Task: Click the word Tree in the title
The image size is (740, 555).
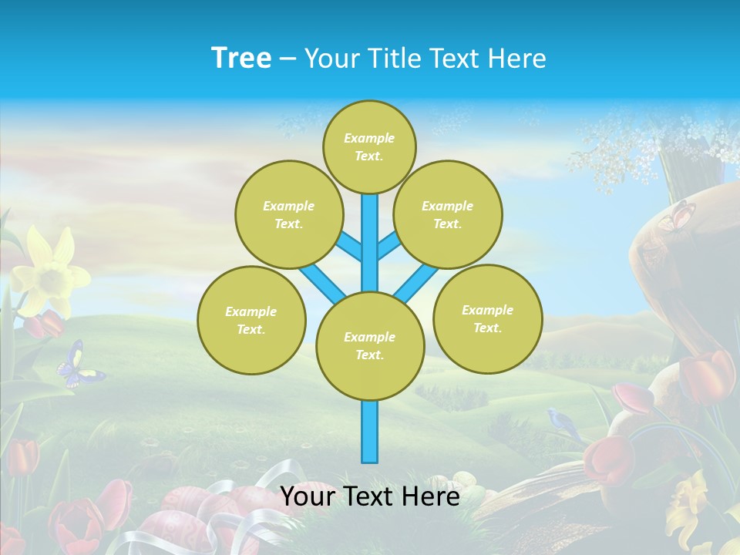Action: (x=241, y=58)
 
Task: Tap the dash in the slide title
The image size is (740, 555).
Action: (x=288, y=59)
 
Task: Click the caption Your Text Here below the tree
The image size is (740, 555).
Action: (x=369, y=496)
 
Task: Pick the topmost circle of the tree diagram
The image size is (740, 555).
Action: (x=369, y=146)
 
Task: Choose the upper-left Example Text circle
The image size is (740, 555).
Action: (x=288, y=214)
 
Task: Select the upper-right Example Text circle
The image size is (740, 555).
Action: (x=447, y=214)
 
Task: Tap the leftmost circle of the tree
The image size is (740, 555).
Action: (x=251, y=320)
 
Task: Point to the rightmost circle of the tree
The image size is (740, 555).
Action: (x=487, y=318)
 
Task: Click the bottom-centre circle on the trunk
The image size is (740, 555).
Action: (x=370, y=346)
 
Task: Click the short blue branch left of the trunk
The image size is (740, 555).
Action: (x=349, y=247)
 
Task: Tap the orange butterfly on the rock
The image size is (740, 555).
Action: (x=677, y=216)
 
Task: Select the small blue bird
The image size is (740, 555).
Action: (x=563, y=421)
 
